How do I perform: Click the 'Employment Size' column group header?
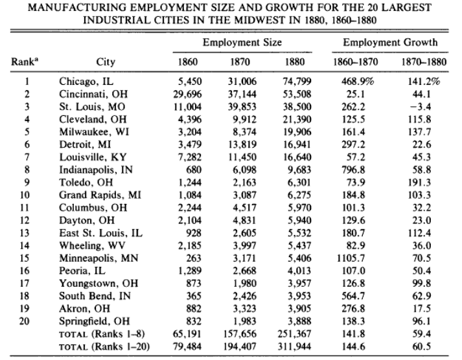coord(242,43)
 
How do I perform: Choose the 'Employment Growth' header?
coord(390,43)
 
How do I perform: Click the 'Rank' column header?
coord(23,63)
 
